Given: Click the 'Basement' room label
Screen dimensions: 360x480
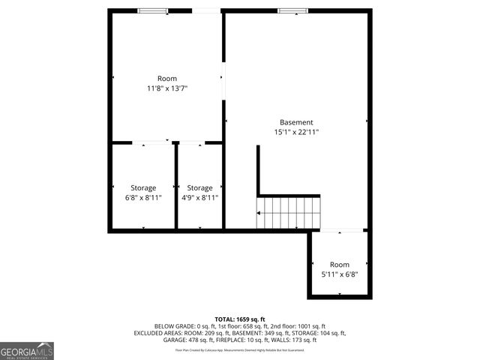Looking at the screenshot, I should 296,122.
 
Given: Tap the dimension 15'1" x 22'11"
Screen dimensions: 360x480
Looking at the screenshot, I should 296,132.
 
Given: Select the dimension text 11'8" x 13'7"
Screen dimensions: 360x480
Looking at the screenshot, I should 167,88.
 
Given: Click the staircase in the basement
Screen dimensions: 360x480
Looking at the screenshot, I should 289,213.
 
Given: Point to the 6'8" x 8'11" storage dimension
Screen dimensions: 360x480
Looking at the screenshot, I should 143,198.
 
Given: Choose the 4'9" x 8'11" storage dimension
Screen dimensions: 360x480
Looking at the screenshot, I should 199,198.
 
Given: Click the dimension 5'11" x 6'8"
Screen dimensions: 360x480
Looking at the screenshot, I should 340,274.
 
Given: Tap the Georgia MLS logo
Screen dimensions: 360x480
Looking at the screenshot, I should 27,350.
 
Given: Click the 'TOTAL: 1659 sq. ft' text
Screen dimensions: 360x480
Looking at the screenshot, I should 240,319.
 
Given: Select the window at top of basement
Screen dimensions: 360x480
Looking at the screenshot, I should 288,10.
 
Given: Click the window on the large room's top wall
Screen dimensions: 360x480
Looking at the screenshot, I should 153,10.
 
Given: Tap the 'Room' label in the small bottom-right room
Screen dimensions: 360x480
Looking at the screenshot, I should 340,264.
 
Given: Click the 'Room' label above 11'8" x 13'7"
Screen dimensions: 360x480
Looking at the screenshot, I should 167,79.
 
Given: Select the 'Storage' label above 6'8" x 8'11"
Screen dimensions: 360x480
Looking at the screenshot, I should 143,188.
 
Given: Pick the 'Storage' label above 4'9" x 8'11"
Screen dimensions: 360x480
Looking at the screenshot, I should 199,188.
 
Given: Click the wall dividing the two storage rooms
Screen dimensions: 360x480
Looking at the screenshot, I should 175,186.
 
